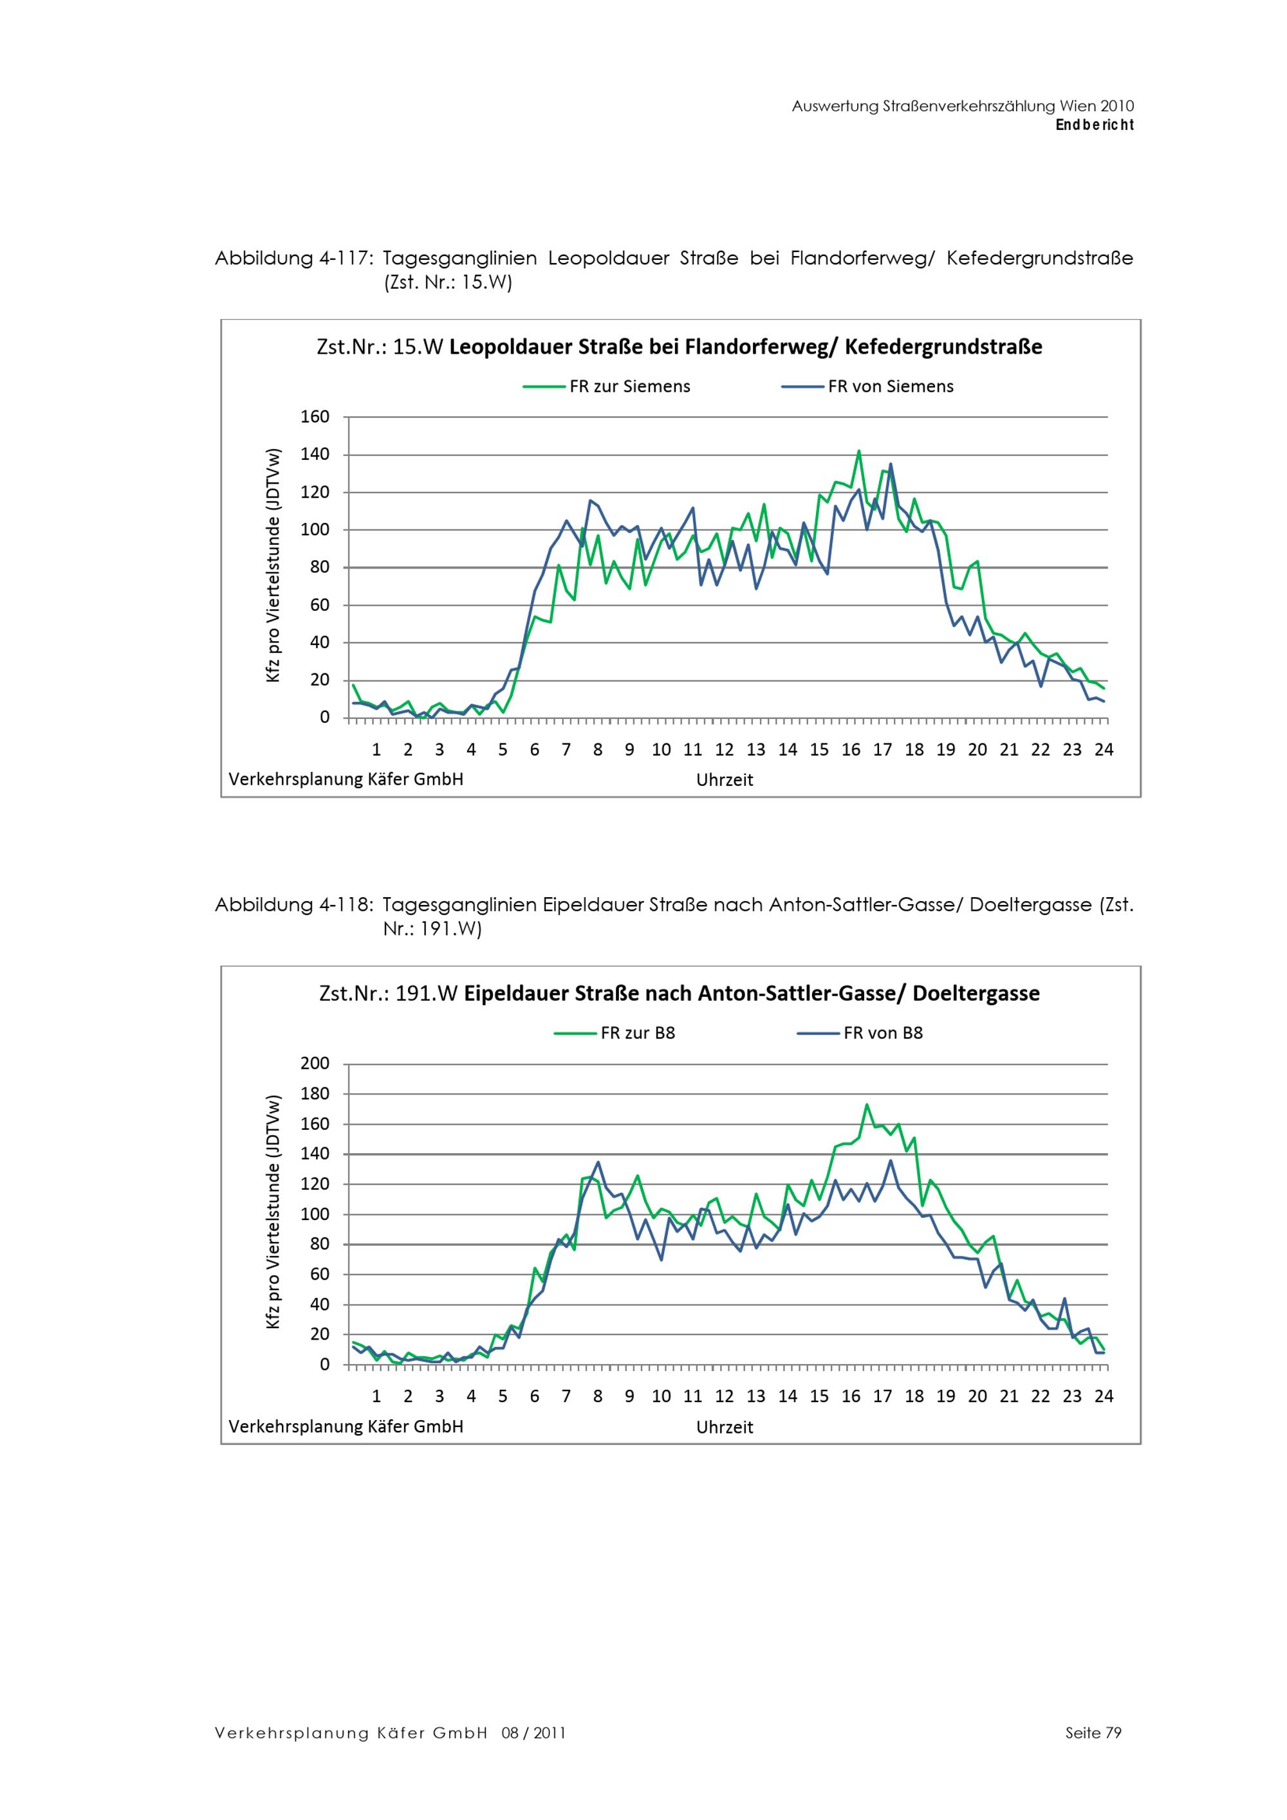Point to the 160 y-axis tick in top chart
[315, 417]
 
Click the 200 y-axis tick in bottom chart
[315, 1064]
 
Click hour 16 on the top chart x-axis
[850, 750]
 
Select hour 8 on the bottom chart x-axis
[598, 1397]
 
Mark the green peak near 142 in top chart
[858, 452]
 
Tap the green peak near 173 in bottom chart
[867, 1104]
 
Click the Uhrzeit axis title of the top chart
[724, 781]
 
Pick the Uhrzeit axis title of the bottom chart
[724, 1428]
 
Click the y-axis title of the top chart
[273, 565]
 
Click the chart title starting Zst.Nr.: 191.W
[679, 994]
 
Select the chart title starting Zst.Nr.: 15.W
[679, 347]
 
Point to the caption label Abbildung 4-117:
[293, 259]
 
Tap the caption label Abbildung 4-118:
[293, 905]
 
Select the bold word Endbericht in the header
[1095, 125]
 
